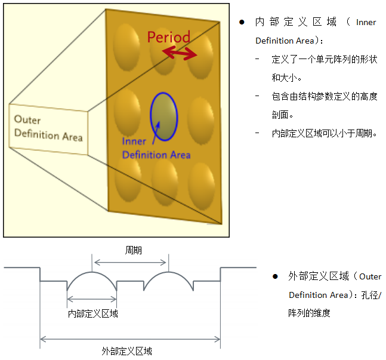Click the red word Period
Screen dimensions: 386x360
(169, 37)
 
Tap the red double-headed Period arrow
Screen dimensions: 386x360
(180, 53)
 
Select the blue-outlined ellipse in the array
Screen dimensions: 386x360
(163, 116)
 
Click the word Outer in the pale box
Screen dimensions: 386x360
(27, 120)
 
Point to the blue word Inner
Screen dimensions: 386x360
(134, 141)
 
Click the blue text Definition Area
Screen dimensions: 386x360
(156, 155)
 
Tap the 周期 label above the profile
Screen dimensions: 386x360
(134, 250)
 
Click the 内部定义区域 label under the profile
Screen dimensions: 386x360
(93, 313)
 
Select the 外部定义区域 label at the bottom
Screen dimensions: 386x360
(127, 351)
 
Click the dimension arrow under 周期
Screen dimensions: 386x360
(130, 263)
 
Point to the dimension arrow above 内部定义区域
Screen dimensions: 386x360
(91, 299)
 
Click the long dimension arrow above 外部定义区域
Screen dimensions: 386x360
(130, 339)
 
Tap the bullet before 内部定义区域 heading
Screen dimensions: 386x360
(242, 22)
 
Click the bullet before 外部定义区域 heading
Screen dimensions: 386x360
(275, 276)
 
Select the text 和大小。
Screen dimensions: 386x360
(287, 78)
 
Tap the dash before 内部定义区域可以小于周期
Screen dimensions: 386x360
(257, 133)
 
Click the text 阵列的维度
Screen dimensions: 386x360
(309, 313)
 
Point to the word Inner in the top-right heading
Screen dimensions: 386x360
(366, 23)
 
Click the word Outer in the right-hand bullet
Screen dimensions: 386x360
(370, 276)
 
